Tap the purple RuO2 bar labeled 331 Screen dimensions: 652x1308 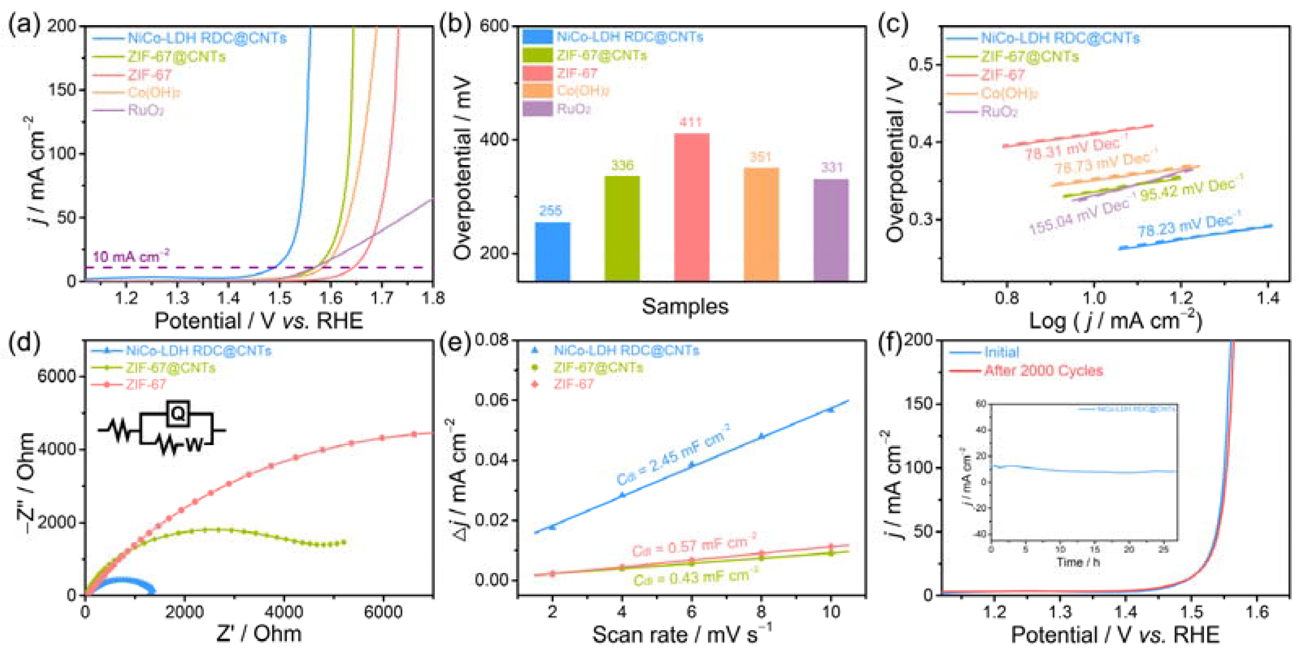pos(831,230)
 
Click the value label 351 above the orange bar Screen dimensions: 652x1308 pos(760,157)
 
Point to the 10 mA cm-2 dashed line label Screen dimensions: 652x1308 pos(131,256)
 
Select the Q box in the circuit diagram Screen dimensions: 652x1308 pos(178,414)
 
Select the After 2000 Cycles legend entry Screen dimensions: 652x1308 pos(1043,371)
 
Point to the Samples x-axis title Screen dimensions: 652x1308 pos(684,306)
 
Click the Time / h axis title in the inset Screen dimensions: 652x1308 pos(1078,562)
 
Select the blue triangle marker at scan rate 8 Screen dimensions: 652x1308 pos(761,436)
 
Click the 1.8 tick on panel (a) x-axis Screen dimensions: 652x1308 pos(433,298)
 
